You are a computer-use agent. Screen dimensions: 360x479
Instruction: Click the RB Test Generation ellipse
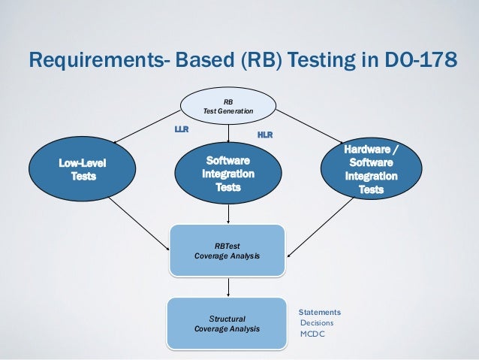tap(228, 106)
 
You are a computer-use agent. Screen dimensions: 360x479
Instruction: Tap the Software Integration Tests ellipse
tap(228, 174)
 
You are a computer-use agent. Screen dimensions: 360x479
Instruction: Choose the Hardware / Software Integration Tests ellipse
tap(371, 170)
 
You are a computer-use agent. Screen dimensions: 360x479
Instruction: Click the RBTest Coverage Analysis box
tap(227, 250)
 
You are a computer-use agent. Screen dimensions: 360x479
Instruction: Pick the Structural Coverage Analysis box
tap(227, 323)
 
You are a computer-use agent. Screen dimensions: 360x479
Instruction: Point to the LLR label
tap(182, 129)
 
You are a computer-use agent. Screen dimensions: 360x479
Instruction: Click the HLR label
tap(265, 135)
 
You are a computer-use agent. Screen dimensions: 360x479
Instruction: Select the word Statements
tap(320, 312)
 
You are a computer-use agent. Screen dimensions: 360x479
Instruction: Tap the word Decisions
tap(317, 323)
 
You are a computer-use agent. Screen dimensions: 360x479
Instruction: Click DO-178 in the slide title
tap(420, 59)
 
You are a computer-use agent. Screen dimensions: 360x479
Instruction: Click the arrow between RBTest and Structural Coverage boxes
tap(228, 286)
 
